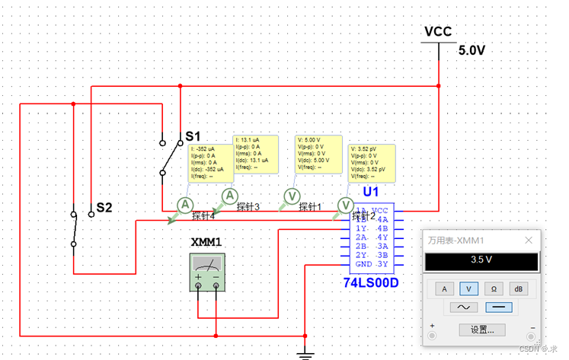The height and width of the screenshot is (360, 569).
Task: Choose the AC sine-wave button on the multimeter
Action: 462,307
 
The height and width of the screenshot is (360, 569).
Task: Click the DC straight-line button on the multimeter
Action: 498,307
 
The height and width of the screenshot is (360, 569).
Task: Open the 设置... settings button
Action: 482,330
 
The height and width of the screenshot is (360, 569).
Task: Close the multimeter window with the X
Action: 529,240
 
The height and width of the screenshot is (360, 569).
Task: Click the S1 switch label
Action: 193,137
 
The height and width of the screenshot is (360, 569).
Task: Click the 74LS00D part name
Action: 371,283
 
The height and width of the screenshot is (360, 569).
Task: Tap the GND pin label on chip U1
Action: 364,264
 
